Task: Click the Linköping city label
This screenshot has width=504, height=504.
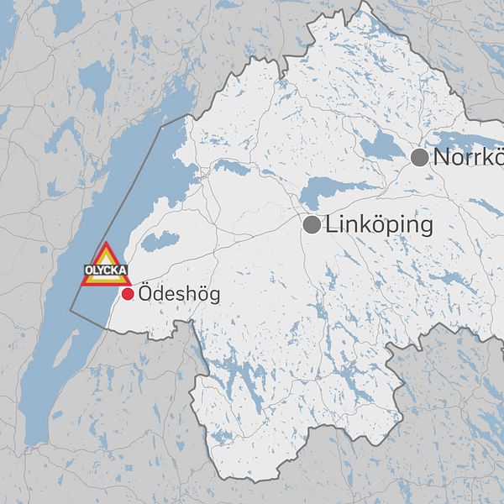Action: (x=379, y=225)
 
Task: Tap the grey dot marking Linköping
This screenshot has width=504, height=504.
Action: (x=312, y=224)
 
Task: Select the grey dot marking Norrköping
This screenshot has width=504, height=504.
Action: (x=419, y=157)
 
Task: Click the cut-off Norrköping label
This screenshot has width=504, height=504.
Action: (x=469, y=157)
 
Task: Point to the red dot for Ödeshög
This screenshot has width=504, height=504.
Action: (x=128, y=294)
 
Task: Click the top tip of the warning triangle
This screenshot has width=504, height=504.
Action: (x=106, y=244)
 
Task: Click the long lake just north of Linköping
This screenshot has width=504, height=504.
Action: (x=336, y=191)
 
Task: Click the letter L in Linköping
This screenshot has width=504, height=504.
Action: (x=329, y=225)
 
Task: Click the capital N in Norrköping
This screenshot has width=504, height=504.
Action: (x=443, y=157)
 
